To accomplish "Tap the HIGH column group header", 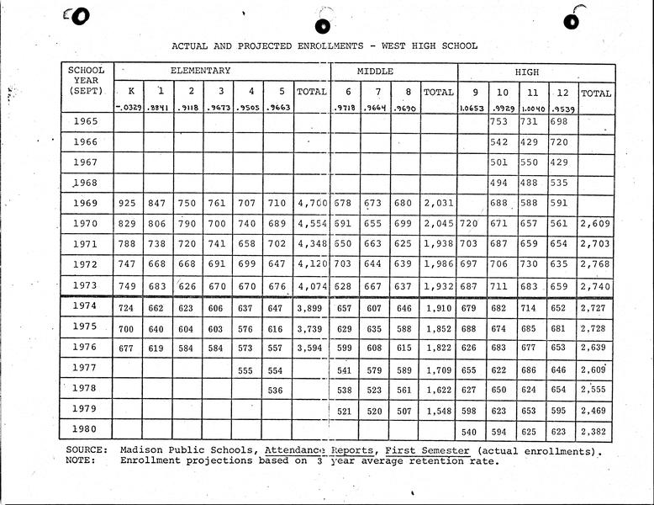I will tap(527, 72).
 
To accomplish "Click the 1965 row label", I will tap(86, 122).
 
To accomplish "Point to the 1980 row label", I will tap(86, 429).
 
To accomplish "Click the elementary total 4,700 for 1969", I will tap(312, 204).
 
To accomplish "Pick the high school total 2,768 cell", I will tap(596, 265).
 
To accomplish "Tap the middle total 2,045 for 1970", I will tap(438, 225).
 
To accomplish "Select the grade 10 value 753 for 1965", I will tap(500, 122).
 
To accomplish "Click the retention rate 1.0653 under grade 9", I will tap(470, 108).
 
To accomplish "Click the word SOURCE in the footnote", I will tap(87, 450).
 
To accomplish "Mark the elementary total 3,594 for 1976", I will tap(312, 347).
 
